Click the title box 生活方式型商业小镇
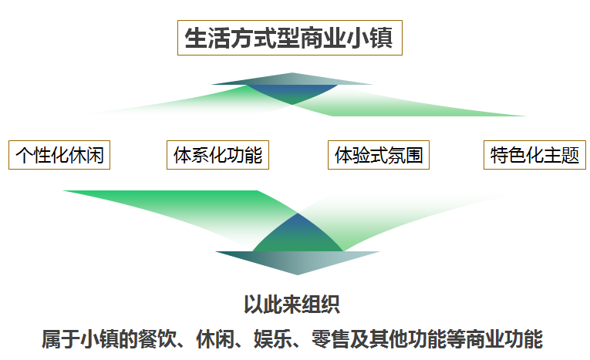290,38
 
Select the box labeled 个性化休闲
59,155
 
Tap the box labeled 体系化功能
217,155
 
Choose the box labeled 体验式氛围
379,155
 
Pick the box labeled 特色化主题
534,155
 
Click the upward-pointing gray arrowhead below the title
292,79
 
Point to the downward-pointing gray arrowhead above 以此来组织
297,263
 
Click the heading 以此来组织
292,304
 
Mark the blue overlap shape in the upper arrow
292,93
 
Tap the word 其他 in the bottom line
389,339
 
